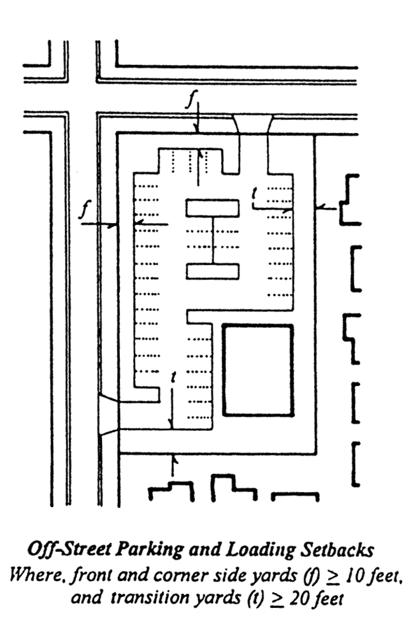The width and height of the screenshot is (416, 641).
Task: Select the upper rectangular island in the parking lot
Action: click(x=212, y=208)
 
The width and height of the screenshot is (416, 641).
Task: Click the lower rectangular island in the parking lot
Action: click(x=212, y=271)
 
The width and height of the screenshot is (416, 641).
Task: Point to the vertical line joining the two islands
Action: click(x=212, y=240)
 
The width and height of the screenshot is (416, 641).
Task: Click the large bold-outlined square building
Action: click(x=257, y=370)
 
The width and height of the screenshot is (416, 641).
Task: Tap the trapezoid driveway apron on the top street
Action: click(x=253, y=123)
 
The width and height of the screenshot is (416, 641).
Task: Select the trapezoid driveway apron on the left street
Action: click(x=108, y=414)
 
